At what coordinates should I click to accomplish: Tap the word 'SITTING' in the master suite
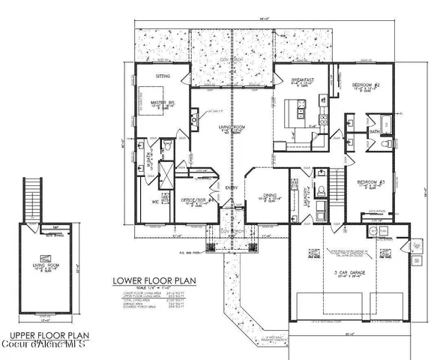click(154, 76)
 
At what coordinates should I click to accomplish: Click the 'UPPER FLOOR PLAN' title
click(43, 335)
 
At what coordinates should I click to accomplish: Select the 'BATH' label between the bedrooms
click(374, 132)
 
